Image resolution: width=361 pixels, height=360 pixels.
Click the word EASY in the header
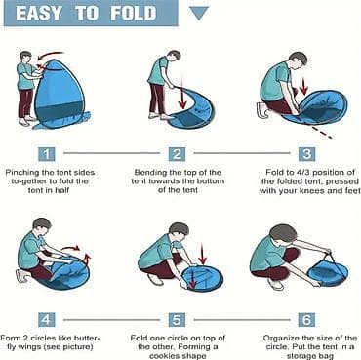(x=39, y=13)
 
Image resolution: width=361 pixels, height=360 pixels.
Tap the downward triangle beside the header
(x=199, y=14)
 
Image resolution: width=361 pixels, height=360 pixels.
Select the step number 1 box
(x=47, y=154)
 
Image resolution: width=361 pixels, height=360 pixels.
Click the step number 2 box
(x=177, y=154)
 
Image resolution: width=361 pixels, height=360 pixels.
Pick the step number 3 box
(x=306, y=154)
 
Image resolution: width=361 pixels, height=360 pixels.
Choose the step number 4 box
(x=47, y=320)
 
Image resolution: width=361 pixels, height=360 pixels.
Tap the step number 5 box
(x=177, y=320)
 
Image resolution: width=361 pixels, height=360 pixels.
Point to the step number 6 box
(x=306, y=320)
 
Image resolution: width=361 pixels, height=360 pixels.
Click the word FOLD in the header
(x=133, y=13)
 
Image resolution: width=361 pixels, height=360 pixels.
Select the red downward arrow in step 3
(x=304, y=86)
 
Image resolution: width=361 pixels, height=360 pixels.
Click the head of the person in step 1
(x=26, y=56)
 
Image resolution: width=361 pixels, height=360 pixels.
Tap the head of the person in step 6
(x=284, y=235)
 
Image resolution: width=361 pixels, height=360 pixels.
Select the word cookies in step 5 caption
(x=166, y=356)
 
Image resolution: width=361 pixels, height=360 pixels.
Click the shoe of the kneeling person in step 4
(x=22, y=276)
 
